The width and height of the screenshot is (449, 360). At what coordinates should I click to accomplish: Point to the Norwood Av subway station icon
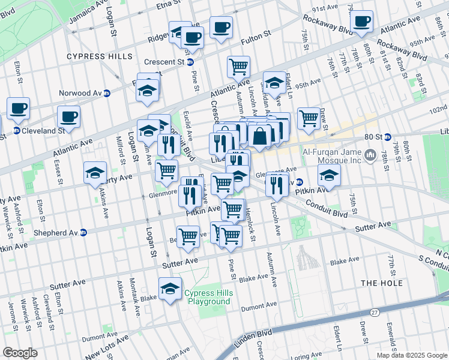107,93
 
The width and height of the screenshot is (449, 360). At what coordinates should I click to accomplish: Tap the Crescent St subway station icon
190,62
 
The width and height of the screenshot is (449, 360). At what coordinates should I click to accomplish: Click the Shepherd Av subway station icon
84,233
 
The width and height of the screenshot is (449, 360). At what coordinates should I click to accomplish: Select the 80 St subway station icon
387,137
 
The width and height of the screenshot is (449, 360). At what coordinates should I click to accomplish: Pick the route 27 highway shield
375,313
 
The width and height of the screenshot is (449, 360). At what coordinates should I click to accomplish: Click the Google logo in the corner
20,353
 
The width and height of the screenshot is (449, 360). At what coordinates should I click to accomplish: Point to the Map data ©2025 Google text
412,355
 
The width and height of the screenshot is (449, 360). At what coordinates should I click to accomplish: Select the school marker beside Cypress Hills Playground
170,289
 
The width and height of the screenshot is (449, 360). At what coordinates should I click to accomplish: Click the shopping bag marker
260,136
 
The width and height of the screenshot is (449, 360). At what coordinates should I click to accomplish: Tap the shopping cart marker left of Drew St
309,118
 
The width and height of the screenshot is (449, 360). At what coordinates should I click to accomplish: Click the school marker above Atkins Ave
95,172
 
